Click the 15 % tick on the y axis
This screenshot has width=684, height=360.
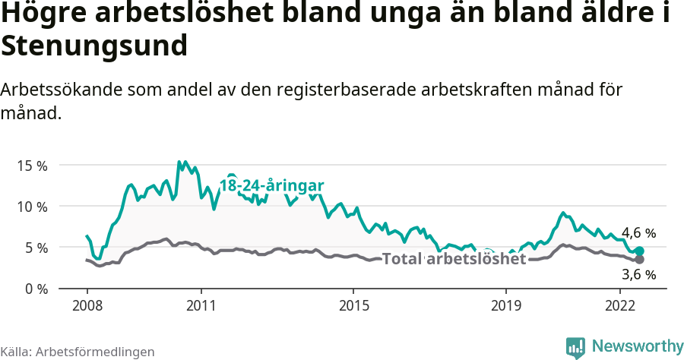(31, 165)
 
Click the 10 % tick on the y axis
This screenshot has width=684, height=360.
(31, 206)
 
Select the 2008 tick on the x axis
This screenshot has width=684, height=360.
(87, 305)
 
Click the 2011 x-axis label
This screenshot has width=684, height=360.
(201, 305)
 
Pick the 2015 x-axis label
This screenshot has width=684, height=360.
(353, 305)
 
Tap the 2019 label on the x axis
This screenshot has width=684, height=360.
(505, 305)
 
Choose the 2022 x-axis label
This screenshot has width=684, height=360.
(619, 305)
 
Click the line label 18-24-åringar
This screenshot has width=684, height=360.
(272, 186)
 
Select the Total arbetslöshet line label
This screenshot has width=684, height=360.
(454, 259)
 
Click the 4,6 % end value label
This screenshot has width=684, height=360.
(638, 233)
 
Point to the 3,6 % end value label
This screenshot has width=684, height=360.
(638, 274)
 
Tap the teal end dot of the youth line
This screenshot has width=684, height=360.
(639, 251)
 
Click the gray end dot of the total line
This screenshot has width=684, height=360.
(639, 260)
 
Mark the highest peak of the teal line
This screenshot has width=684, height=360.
(179, 162)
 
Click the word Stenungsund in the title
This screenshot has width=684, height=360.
(94, 46)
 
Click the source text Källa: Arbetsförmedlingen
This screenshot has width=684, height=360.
(78, 352)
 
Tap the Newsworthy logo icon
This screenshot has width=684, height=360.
(575, 346)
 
